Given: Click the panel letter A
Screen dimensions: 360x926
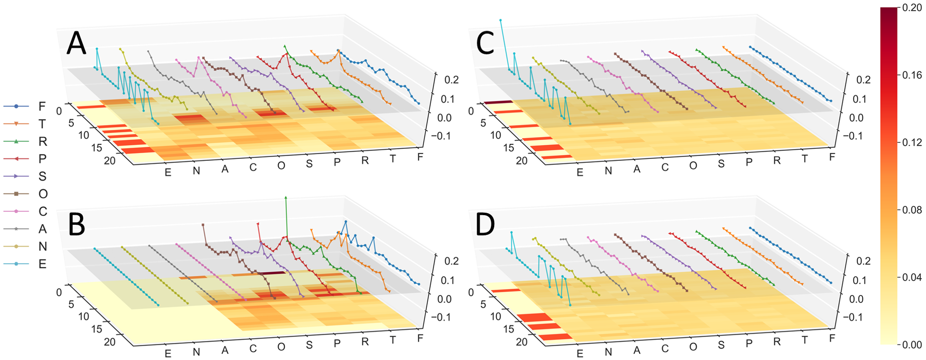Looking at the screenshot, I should click(x=76, y=43).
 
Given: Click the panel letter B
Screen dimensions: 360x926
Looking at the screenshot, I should click(x=77, y=224).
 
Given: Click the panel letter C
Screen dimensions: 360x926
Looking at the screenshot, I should click(x=485, y=43).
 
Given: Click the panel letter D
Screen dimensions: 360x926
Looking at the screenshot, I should click(x=485, y=224).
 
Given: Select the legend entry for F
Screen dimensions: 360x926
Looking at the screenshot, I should click(x=42, y=106).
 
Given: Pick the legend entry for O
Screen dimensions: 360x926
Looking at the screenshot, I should click(x=43, y=194).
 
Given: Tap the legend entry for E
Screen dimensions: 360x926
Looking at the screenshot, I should click(x=42, y=264).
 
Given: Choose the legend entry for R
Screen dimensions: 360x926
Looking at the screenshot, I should click(x=43, y=141).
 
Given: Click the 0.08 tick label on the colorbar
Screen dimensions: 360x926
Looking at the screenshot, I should click(x=912, y=210).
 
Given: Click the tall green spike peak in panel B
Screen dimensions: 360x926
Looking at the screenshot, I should click(x=286, y=198).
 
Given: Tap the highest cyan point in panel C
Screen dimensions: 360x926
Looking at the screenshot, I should click(x=501, y=20).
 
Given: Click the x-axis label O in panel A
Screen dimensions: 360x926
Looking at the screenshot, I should click(x=281, y=166).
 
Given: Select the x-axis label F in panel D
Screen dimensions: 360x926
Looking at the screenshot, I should click(x=832, y=338).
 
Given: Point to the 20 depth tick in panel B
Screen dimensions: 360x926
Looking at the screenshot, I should click(x=110, y=342).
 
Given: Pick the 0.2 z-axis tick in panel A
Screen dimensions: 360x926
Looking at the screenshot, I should click(x=451, y=79).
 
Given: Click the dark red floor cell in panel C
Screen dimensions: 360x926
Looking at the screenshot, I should click(x=498, y=102).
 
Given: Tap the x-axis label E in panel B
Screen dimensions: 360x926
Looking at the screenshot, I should click(x=168, y=353).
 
